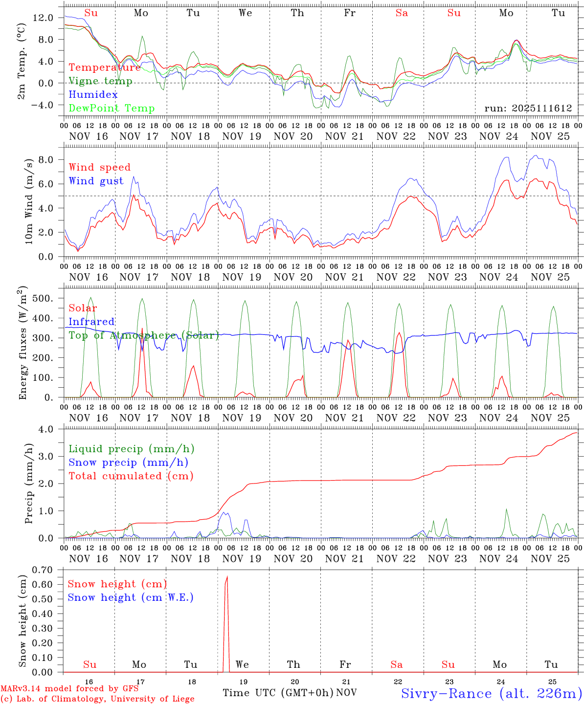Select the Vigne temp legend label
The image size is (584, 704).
(100, 81)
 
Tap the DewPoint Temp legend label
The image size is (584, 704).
(112, 108)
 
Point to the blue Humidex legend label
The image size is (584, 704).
(93, 94)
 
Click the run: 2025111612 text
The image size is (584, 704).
(528, 108)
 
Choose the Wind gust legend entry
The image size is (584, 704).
(96, 181)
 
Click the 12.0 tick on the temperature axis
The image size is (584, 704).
(43, 18)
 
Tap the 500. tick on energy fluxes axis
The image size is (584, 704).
(43, 298)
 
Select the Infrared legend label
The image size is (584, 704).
(91, 322)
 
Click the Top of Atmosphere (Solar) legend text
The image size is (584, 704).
(144, 335)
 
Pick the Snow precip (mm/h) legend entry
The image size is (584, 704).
(128, 462)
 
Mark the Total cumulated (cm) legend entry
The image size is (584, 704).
(131, 476)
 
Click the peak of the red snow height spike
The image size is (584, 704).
(227, 577)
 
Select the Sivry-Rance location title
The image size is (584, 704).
(491, 693)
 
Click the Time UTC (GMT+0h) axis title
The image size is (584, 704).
(278, 693)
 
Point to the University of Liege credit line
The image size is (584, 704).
(97, 699)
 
